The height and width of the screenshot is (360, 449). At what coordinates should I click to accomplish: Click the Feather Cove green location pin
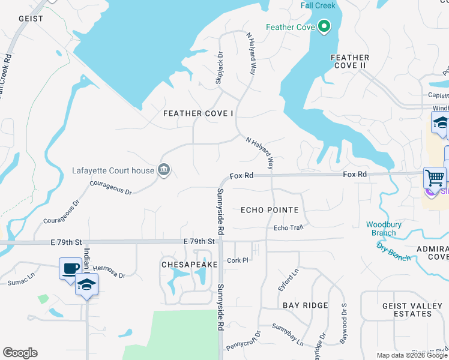(x=324, y=27)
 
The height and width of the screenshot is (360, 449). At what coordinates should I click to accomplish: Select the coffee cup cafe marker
(x=70, y=268)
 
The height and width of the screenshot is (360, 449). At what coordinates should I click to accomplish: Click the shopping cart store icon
(x=435, y=177)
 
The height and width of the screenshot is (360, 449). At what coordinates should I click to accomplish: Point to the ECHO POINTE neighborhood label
(x=270, y=210)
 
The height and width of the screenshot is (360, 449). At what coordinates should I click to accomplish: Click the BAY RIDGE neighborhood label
(x=306, y=305)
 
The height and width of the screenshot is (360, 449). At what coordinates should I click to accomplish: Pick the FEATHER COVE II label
(x=350, y=61)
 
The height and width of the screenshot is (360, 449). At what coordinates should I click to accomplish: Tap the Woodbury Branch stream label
(x=381, y=229)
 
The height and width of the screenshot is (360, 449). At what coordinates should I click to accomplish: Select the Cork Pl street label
(x=238, y=260)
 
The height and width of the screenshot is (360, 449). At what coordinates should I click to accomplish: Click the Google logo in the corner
(x=20, y=353)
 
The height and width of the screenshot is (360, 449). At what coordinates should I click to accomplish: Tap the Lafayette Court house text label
(x=113, y=170)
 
